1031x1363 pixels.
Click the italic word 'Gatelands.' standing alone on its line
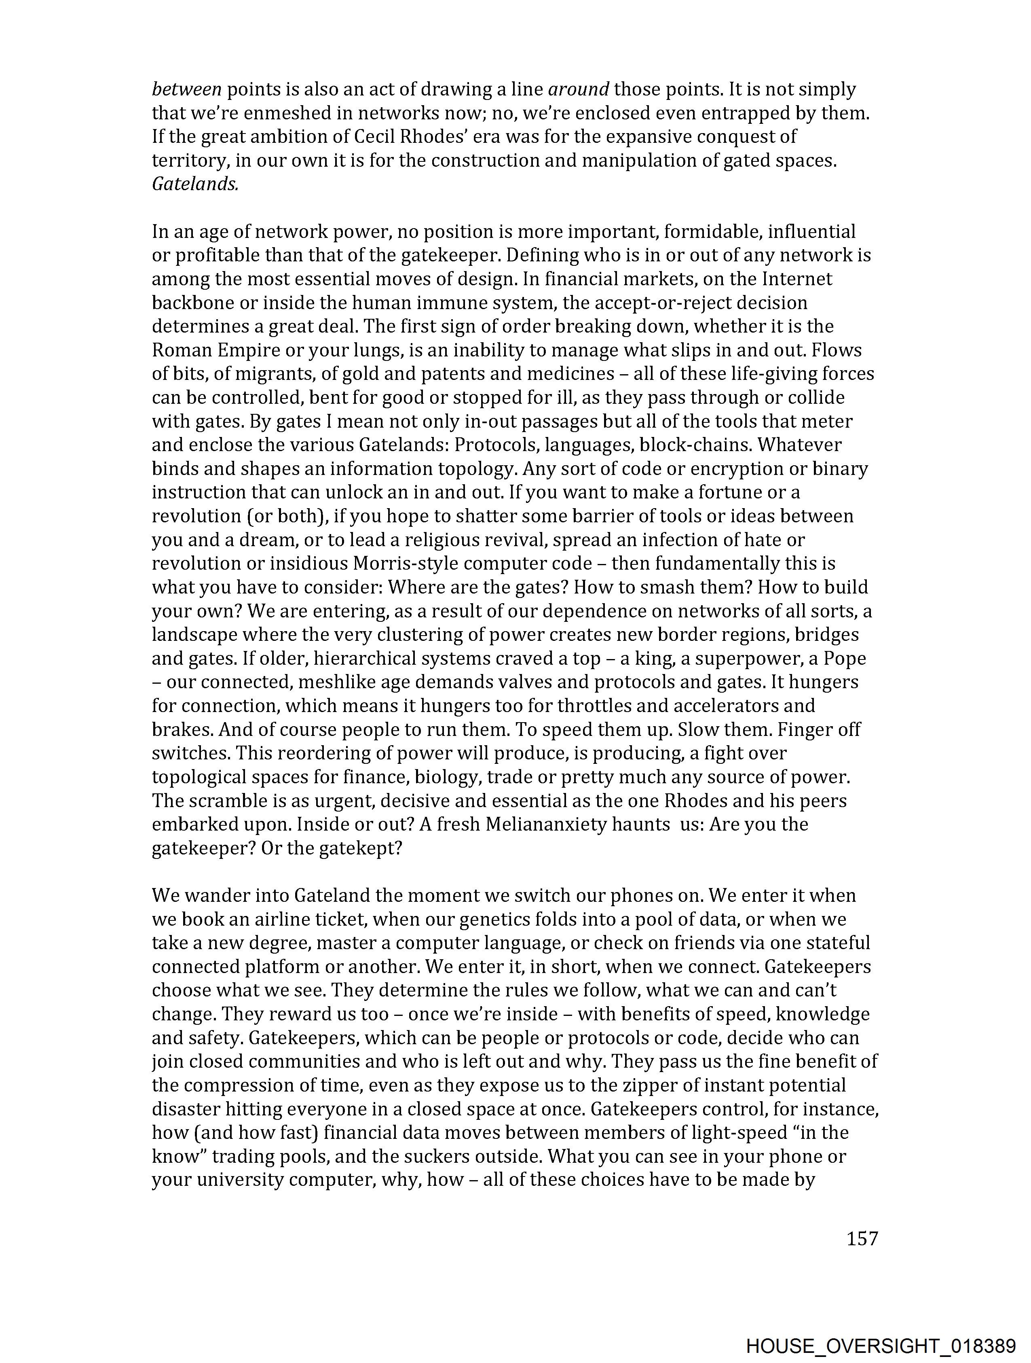click(x=194, y=184)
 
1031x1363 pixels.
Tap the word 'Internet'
click(x=797, y=279)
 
